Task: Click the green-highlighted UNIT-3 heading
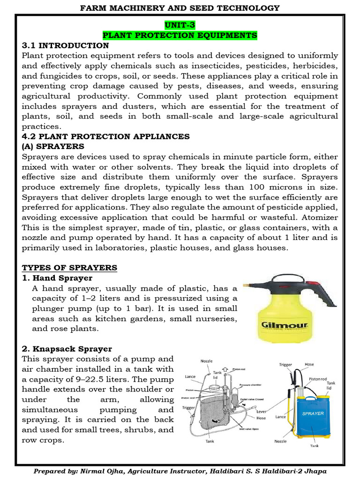[180, 25]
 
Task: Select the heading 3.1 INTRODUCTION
[66, 45]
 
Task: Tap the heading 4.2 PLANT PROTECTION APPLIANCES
[106, 136]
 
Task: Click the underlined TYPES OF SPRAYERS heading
[70, 268]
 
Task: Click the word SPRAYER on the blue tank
[313, 413]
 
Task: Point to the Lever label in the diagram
[261, 411]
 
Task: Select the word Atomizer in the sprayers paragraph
[320, 217]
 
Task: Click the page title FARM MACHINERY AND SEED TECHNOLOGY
[180, 7]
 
